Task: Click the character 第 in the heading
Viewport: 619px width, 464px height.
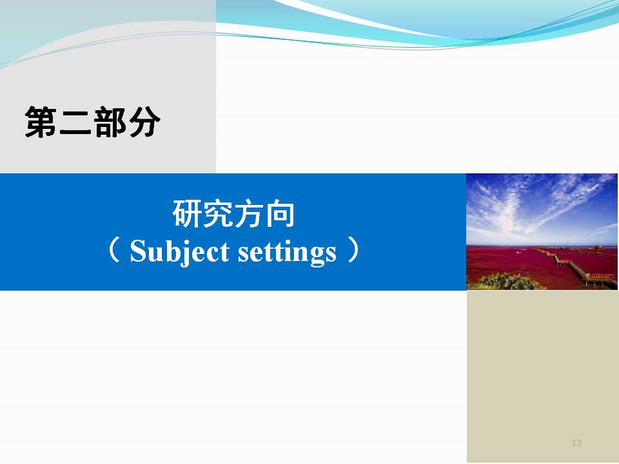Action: [x=41, y=122]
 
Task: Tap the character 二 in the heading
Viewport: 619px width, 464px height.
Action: [x=75, y=122]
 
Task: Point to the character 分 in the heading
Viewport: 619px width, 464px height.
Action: [x=144, y=122]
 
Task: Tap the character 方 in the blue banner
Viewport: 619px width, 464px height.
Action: [x=249, y=213]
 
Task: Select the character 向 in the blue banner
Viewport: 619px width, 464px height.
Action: [x=280, y=213]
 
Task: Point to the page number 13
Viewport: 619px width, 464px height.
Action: [x=576, y=443]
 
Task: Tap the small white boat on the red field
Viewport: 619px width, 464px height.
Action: [x=518, y=252]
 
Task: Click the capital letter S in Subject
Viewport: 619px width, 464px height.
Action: [x=139, y=251]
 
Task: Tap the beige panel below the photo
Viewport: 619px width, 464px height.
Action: [x=542, y=376]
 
